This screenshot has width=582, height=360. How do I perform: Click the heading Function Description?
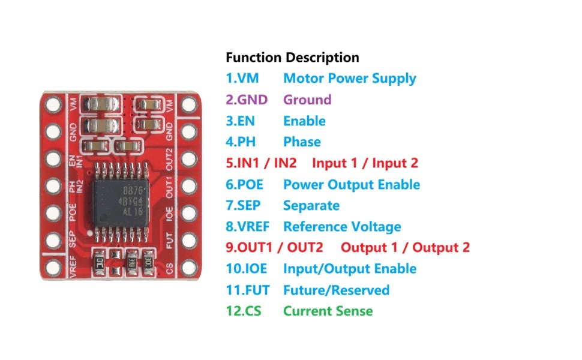pyautogui.click(x=292, y=58)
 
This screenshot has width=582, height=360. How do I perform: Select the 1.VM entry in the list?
pyautogui.click(x=242, y=79)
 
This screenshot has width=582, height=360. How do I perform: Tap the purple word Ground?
pyautogui.click(x=307, y=100)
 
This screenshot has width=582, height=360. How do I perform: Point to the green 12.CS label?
pyautogui.click(x=244, y=311)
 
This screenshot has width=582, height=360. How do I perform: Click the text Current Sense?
pyautogui.click(x=328, y=311)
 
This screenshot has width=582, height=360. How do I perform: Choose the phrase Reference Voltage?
pyautogui.click(x=342, y=227)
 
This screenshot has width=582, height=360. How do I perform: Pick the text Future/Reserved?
pyautogui.click(x=336, y=290)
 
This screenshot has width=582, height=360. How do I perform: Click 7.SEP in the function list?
pyautogui.click(x=243, y=206)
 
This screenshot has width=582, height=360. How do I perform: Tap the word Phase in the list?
pyautogui.click(x=302, y=142)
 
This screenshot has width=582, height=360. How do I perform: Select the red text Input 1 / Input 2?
pyautogui.click(x=365, y=163)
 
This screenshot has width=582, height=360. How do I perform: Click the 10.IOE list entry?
pyautogui.click(x=247, y=269)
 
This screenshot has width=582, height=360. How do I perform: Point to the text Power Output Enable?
pyautogui.click(x=352, y=184)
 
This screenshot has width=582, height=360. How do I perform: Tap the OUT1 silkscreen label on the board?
pyautogui.click(x=169, y=187)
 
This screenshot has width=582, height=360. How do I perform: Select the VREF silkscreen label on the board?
pyautogui.click(x=73, y=266)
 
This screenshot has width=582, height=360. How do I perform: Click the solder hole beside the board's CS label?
pyautogui.click(x=189, y=267)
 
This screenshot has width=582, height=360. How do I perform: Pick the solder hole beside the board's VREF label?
pyautogui.click(x=53, y=267)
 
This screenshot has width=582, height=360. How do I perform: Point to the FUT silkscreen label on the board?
pyautogui.click(x=169, y=241)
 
